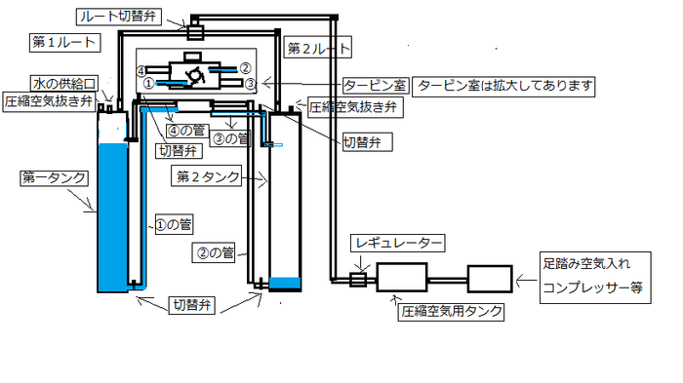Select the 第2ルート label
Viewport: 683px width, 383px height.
tap(320, 47)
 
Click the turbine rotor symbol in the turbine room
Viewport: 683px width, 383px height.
tap(194, 75)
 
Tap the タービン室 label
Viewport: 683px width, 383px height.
tap(376, 85)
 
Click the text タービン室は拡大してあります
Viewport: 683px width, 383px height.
tap(505, 85)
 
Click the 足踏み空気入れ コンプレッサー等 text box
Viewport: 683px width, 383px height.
tap(597, 274)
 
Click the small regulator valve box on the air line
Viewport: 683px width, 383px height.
tap(357, 280)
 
